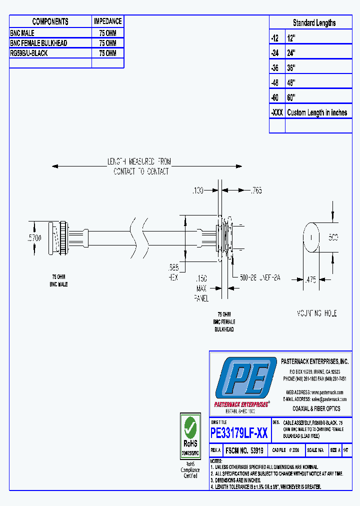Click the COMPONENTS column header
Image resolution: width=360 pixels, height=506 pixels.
(x=50, y=21)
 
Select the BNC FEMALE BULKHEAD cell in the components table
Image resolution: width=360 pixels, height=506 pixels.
(x=38, y=43)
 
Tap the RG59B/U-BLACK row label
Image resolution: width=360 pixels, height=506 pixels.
(x=29, y=53)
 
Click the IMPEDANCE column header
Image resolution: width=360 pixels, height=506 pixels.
(x=107, y=21)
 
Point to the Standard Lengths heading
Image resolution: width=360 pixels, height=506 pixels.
(x=314, y=23)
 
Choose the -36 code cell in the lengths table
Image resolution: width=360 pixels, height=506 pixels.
(x=276, y=67)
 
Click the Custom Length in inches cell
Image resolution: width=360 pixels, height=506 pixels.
(x=317, y=112)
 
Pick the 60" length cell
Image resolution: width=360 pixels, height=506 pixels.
(x=291, y=97)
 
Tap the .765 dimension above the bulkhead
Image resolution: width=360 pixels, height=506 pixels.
(x=256, y=190)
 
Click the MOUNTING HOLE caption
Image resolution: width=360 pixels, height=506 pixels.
(x=316, y=313)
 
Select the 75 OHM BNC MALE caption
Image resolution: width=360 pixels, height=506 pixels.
(x=59, y=280)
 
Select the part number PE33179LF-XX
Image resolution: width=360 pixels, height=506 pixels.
(x=239, y=433)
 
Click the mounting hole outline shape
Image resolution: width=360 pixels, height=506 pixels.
(x=311, y=238)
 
